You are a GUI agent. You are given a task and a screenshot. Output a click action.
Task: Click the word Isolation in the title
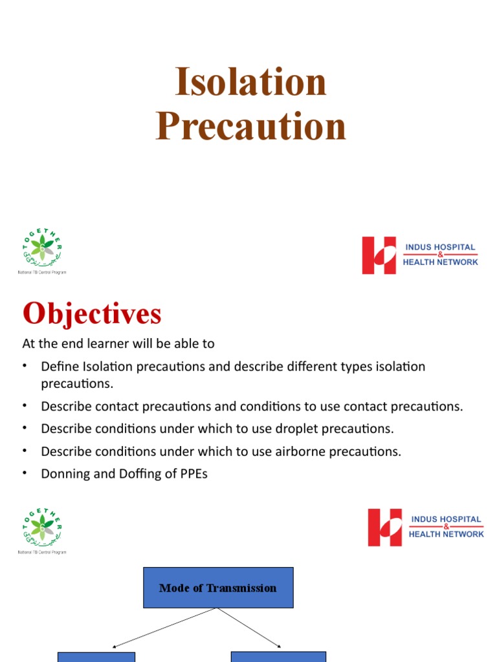tap(250, 83)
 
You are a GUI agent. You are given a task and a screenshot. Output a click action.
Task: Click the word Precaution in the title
tap(250, 125)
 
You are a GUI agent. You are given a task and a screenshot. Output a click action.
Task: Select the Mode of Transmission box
tap(218, 588)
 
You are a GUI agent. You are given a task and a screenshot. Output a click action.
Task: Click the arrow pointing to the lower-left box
tap(165, 628)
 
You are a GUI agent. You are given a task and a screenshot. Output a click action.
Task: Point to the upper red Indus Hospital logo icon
tap(379, 255)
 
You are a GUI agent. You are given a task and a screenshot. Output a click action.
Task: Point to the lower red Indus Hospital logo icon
tap(385, 527)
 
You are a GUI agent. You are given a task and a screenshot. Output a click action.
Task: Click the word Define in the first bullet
tap(60, 367)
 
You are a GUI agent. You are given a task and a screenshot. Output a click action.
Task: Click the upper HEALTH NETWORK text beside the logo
tap(441, 262)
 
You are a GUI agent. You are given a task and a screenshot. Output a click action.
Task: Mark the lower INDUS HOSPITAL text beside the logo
tap(445, 519)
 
